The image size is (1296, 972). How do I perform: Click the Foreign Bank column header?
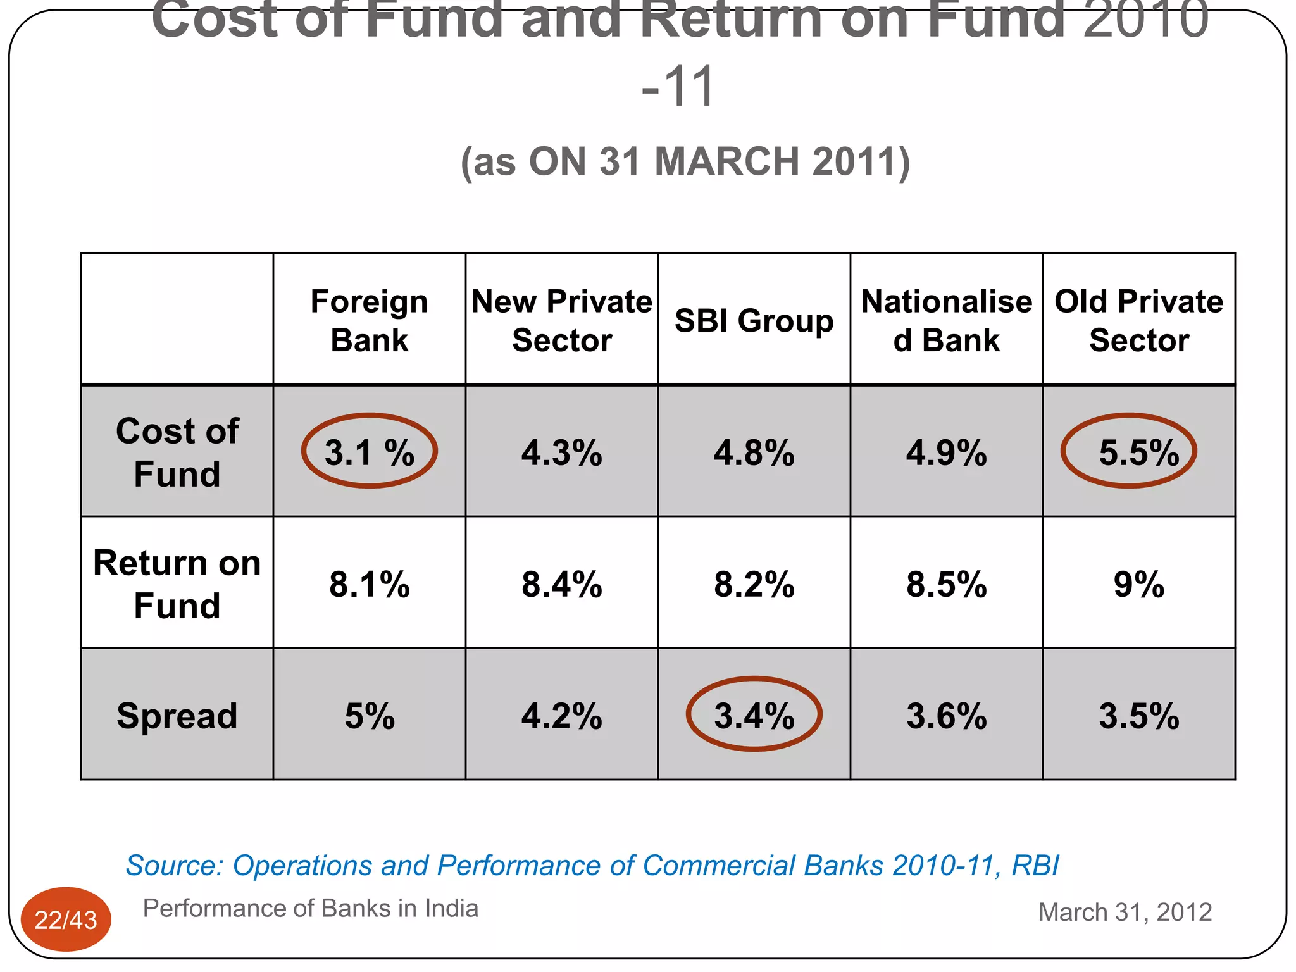[369, 320]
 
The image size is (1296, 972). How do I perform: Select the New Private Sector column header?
[562, 320]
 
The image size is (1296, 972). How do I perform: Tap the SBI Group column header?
[754, 320]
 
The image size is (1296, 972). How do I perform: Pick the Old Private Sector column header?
[1138, 320]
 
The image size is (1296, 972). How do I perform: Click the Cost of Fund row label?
[177, 452]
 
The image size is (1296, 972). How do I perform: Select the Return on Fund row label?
[177, 583]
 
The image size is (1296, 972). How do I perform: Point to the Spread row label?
[177, 716]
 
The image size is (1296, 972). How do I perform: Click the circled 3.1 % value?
[369, 452]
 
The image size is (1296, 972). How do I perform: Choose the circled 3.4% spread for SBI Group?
[754, 715]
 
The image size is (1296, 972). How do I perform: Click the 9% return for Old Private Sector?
[1138, 584]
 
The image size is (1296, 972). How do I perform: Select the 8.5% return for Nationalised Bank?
[946, 584]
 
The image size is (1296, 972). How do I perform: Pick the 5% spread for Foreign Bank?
[369, 716]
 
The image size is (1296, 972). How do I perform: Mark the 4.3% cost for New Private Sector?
[562, 452]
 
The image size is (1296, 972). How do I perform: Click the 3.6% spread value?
[946, 716]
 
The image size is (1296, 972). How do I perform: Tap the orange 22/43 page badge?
[66, 919]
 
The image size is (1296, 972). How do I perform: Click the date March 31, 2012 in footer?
[1125, 912]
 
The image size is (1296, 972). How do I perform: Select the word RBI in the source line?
[1035, 865]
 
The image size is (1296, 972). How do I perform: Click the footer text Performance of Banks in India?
[310, 908]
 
